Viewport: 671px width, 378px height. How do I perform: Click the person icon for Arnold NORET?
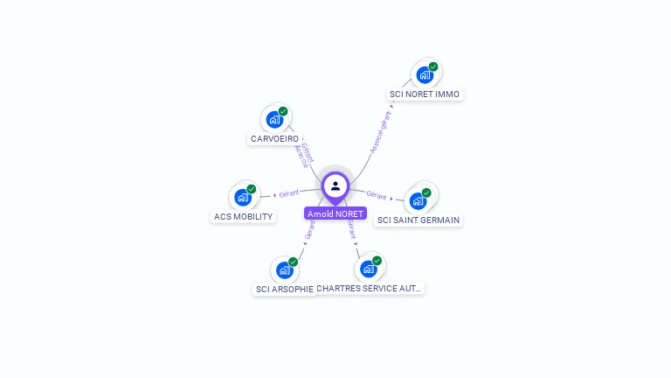point(335,185)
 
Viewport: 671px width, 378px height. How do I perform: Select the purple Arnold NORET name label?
point(335,213)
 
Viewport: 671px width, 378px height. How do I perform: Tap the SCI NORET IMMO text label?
point(425,94)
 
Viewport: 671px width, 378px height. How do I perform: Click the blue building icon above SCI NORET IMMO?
point(425,75)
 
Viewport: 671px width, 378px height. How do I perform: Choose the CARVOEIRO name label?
point(274,138)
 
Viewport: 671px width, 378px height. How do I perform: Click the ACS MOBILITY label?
point(243,216)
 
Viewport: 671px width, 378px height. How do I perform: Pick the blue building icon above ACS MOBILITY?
point(243,198)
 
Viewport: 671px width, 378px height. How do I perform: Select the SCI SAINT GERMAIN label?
point(419,220)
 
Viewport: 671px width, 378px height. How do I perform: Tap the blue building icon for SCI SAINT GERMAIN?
point(419,200)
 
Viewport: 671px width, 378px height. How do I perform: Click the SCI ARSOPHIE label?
point(284,289)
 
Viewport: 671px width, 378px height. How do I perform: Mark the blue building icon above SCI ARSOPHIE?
point(284,270)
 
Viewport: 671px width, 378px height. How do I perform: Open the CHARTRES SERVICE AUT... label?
point(370,287)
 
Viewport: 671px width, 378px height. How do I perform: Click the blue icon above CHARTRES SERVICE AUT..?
point(368,269)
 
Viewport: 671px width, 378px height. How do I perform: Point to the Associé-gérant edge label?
point(381,130)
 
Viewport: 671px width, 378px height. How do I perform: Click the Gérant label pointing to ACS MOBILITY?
point(288,192)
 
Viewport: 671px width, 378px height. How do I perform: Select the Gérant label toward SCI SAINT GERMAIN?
point(377,195)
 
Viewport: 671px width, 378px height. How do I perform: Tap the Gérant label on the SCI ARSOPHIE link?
point(309,230)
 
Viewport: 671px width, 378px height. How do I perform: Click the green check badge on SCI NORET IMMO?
point(433,67)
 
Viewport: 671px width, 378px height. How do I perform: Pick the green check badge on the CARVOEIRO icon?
point(283,112)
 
